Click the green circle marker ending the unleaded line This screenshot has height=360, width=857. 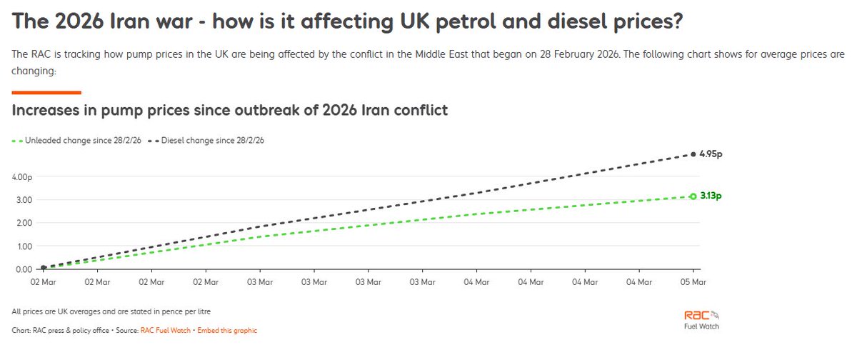tap(693, 196)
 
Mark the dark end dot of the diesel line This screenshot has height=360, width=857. tap(693, 154)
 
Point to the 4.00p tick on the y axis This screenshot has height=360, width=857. tap(22, 176)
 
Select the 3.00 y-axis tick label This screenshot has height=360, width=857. tap(24, 200)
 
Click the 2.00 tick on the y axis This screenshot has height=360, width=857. tap(24, 223)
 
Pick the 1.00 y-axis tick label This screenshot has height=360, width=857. tap(24, 246)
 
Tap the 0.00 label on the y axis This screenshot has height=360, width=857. tap(24, 269)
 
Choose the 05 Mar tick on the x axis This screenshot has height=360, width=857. tap(693, 282)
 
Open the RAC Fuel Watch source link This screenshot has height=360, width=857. tap(166, 331)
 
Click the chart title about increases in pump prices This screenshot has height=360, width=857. tap(230, 111)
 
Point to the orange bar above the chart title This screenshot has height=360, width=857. tap(46, 92)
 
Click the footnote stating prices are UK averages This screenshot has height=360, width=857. tap(111, 312)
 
